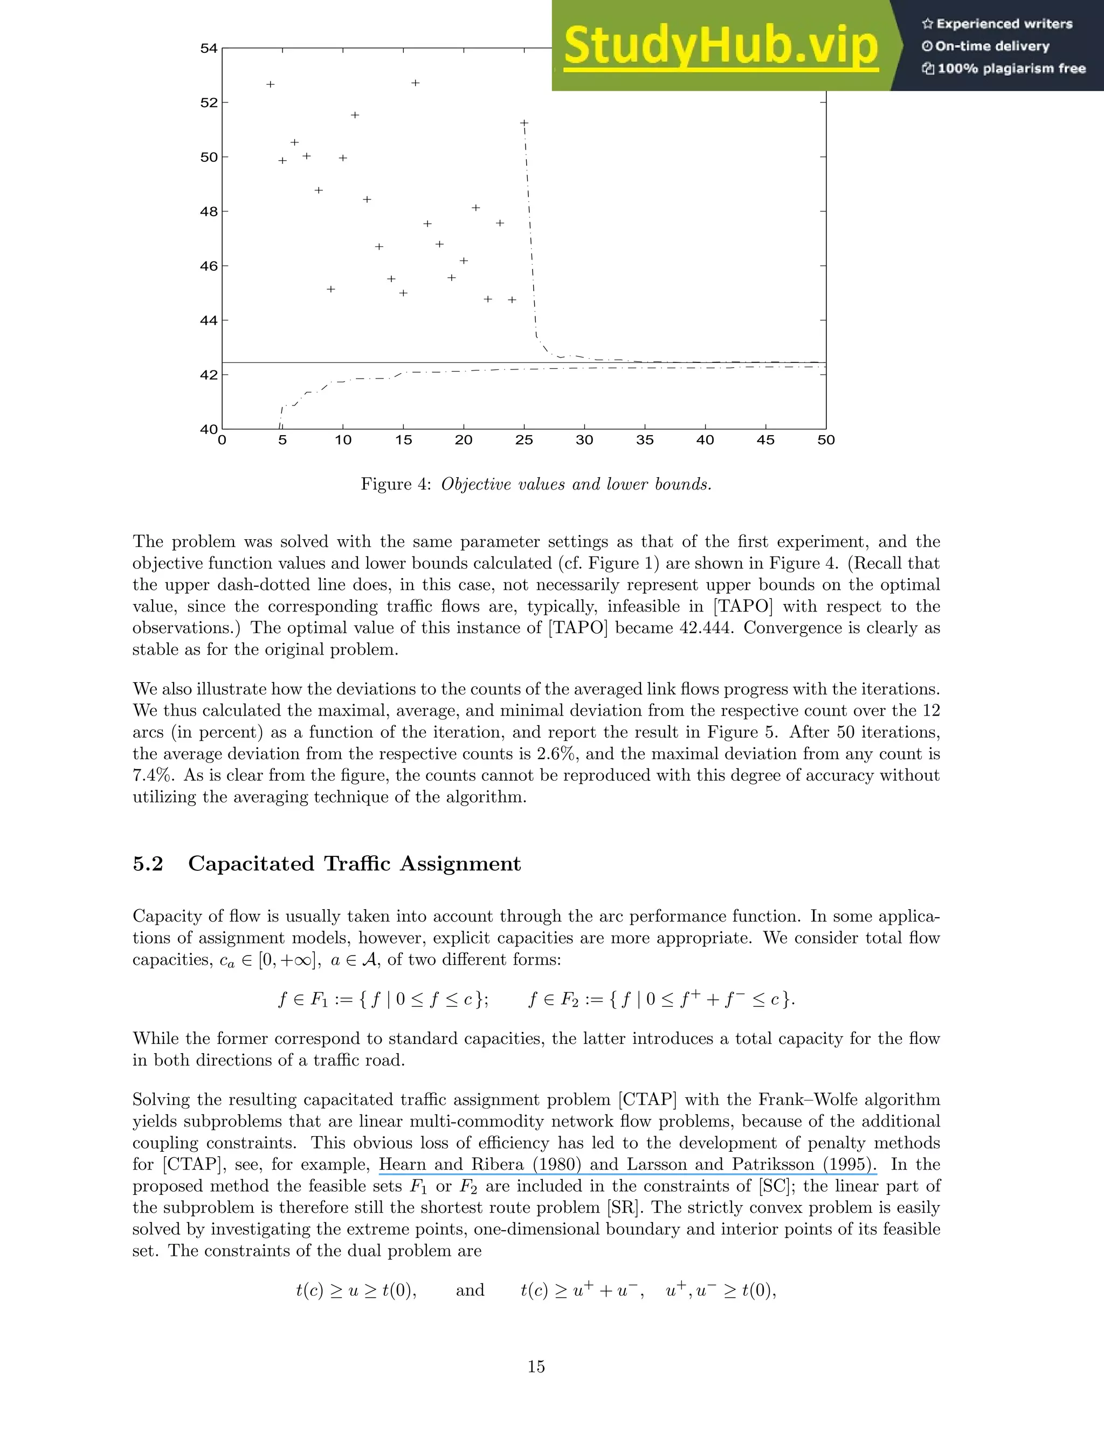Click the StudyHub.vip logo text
click(x=720, y=46)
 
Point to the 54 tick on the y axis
click(x=209, y=49)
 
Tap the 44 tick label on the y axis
click(x=209, y=321)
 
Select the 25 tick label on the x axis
click(x=524, y=439)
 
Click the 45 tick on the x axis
click(x=765, y=439)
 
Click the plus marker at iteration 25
click(x=524, y=123)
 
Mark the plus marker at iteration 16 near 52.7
click(x=415, y=83)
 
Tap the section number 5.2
click(x=148, y=864)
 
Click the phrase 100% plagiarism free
click(x=1004, y=68)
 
